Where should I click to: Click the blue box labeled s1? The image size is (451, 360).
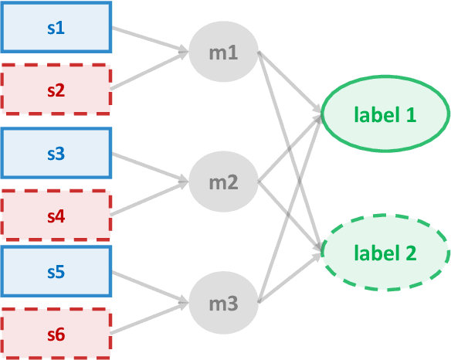click(x=56, y=29)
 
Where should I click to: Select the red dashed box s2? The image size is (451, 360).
click(x=56, y=90)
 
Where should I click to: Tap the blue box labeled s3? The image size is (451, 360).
click(x=56, y=154)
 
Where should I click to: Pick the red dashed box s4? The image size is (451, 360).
click(x=56, y=216)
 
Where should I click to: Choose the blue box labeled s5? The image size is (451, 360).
click(x=56, y=272)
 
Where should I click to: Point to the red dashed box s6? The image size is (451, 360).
click(x=56, y=334)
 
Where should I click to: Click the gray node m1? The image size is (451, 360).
click(x=223, y=53)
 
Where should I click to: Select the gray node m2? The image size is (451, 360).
click(x=223, y=183)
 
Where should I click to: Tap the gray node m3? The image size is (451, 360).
click(x=223, y=303)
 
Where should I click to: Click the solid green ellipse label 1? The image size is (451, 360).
click(x=385, y=115)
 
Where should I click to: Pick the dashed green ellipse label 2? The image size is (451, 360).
click(x=385, y=252)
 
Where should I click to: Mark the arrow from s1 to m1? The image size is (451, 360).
click(x=151, y=42)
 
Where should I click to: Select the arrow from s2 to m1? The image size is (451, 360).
click(x=151, y=71)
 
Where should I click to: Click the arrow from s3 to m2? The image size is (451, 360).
click(x=151, y=168)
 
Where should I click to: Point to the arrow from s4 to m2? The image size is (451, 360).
click(x=151, y=198)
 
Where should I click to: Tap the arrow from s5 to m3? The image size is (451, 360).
click(x=151, y=287)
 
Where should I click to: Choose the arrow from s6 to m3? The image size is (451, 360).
click(x=151, y=317)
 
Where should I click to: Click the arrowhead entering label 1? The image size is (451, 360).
click(x=317, y=115)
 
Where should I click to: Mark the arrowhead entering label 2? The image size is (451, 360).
click(x=317, y=250)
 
